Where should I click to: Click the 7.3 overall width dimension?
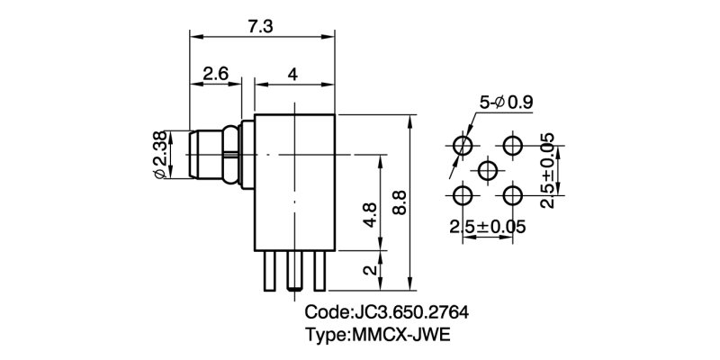(x=261, y=26)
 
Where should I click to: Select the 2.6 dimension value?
(x=214, y=74)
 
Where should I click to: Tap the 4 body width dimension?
(x=293, y=74)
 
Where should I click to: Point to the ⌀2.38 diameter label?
(x=159, y=154)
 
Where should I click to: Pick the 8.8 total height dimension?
(x=400, y=202)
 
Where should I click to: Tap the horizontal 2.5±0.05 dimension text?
(x=487, y=226)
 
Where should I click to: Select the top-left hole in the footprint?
(x=463, y=145)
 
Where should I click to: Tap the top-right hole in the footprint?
(x=514, y=145)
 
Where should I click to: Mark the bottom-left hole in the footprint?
(x=463, y=194)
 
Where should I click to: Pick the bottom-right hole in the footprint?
(x=514, y=194)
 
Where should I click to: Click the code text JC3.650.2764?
(x=387, y=313)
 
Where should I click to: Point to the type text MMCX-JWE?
(x=377, y=336)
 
